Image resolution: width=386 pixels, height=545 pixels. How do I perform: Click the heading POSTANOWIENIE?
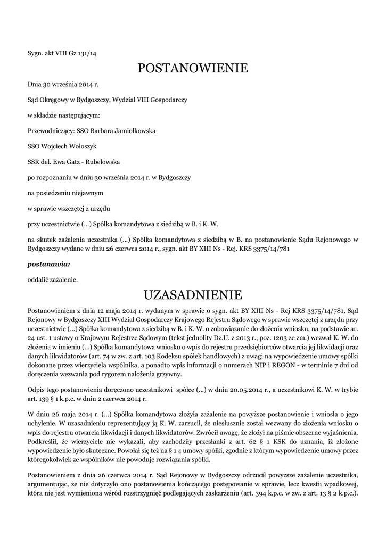tap(193, 68)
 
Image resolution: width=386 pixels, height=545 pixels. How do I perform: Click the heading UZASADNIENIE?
tap(193, 294)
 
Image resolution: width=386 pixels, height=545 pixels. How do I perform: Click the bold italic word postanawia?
tap(48, 263)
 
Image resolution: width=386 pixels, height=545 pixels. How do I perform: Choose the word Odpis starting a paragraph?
tap(36, 390)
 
